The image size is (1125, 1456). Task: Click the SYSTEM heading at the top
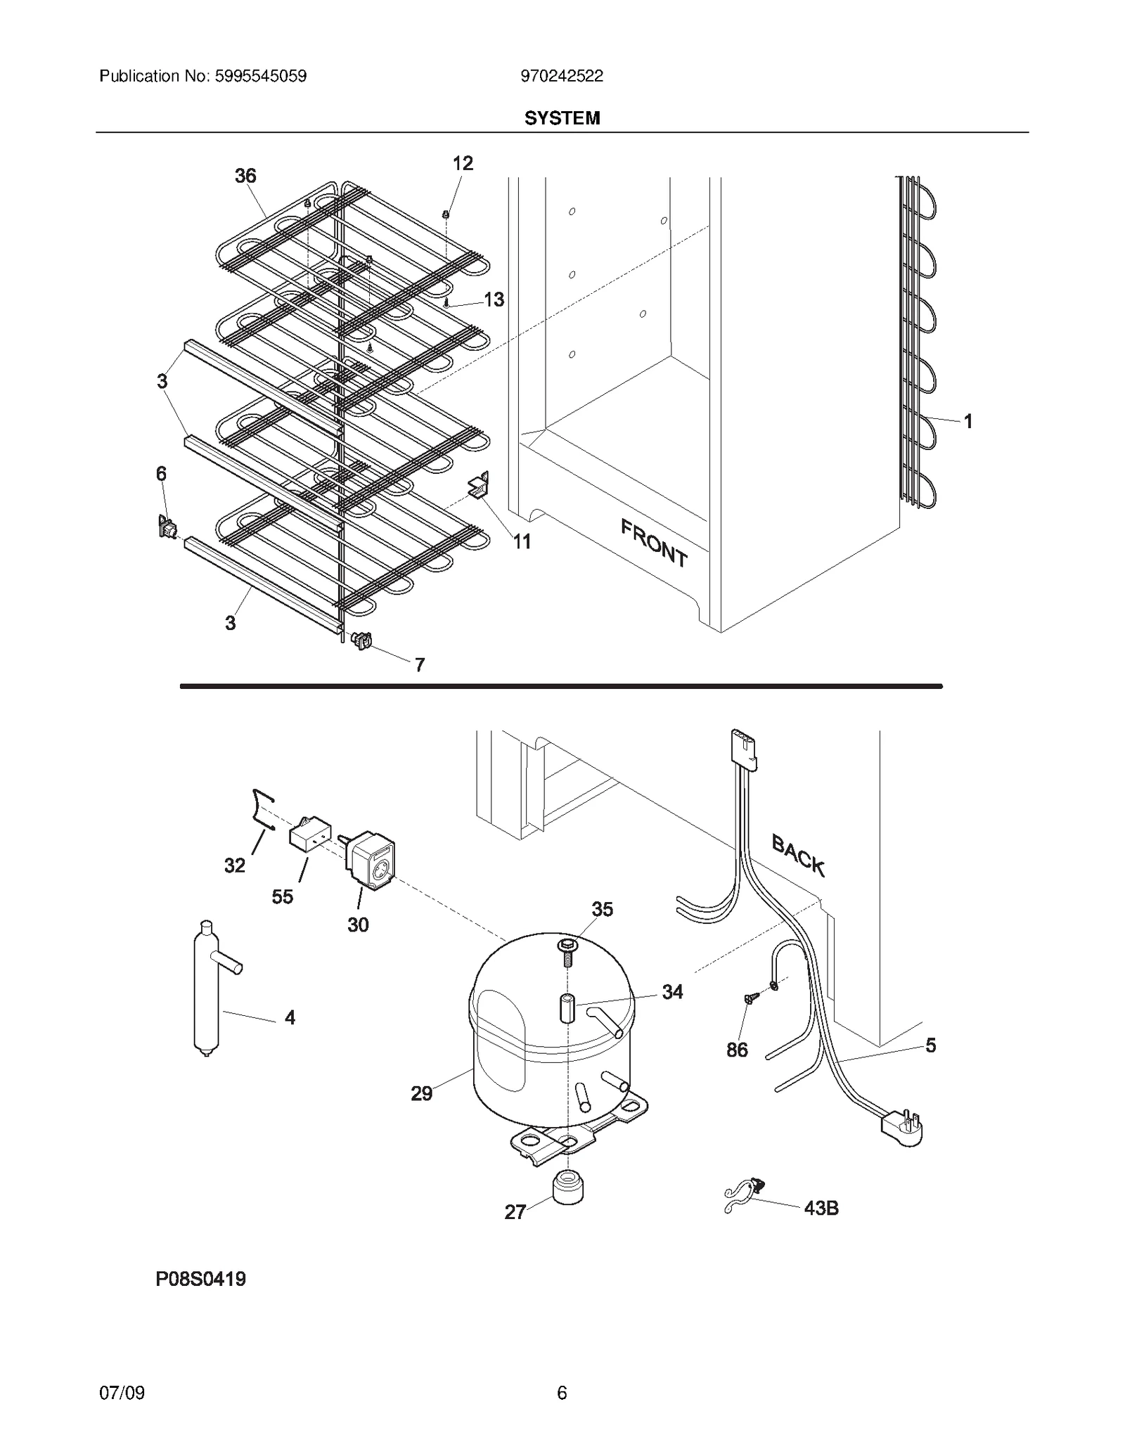click(562, 118)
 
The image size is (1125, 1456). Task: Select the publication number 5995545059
click(258, 76)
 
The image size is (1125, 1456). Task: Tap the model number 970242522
click(562, 76)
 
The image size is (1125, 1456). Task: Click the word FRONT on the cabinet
click(653, 542)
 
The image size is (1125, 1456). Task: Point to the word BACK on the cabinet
click(798, 854)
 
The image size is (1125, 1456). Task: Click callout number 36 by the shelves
click(245, 176)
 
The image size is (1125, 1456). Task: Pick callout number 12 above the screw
click(462, 163)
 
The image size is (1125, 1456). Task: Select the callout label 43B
click(821, 1208)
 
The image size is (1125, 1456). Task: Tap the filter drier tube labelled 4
click(207, 991)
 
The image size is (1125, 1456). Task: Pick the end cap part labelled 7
click(361, 640)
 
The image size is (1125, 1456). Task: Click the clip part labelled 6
click(167, 527)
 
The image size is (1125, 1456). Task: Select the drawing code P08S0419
click(200, 1279)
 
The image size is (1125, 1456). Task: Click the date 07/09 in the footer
click(122, 1393)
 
